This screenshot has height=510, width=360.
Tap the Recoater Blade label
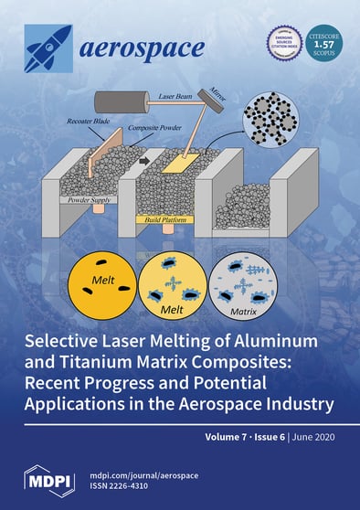[90, 119]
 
